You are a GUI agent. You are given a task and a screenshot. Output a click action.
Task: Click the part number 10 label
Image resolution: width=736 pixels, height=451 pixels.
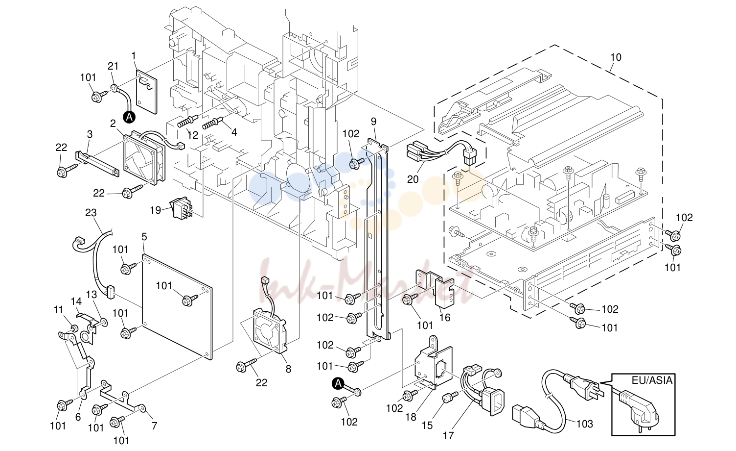[x=616, y=57]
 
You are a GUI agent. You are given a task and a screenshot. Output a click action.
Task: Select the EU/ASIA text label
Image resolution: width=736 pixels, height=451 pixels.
[x=652, y=380]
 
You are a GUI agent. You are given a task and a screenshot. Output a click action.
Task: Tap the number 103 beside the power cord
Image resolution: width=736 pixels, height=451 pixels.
[x=584, y=424]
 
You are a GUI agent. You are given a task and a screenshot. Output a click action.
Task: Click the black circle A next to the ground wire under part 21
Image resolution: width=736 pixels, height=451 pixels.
[x=129, y=117]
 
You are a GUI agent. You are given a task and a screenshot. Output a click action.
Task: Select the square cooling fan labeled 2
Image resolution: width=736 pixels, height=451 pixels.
[x=144, y=157]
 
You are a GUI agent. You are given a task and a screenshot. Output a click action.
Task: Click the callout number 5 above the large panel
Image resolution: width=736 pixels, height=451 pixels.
[x=144, y=237]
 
